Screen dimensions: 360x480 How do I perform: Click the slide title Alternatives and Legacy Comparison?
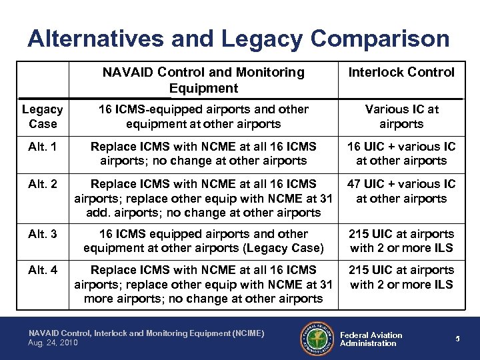coord(239,38)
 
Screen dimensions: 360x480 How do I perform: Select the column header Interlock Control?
coord(401,72)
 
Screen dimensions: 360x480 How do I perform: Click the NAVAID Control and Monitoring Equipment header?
coord(203,80)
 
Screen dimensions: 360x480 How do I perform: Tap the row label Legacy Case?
coord(43,116)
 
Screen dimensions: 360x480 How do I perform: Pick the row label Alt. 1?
coord(43,146)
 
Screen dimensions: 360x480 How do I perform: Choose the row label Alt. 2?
coord(43,183)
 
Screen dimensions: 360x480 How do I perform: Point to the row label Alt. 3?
coord(43,234)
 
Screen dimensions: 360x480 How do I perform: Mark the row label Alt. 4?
coord(43,270)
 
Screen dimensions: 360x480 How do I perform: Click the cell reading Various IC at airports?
coord(401,116)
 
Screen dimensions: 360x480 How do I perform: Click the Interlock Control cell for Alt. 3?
coord(401,241)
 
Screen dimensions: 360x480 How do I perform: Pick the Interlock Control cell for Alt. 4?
coord(401,277)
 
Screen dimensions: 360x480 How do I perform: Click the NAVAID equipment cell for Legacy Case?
coord(203,116)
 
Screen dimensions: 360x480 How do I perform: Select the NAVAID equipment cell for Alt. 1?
coord(203,153)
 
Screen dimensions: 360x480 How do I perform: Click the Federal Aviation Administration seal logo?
coord(315,338)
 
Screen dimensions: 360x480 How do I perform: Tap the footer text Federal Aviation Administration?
coord(371,339)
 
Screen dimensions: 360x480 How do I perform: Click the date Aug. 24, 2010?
coord(53,342)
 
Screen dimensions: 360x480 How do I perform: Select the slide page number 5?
coord(458,339)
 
